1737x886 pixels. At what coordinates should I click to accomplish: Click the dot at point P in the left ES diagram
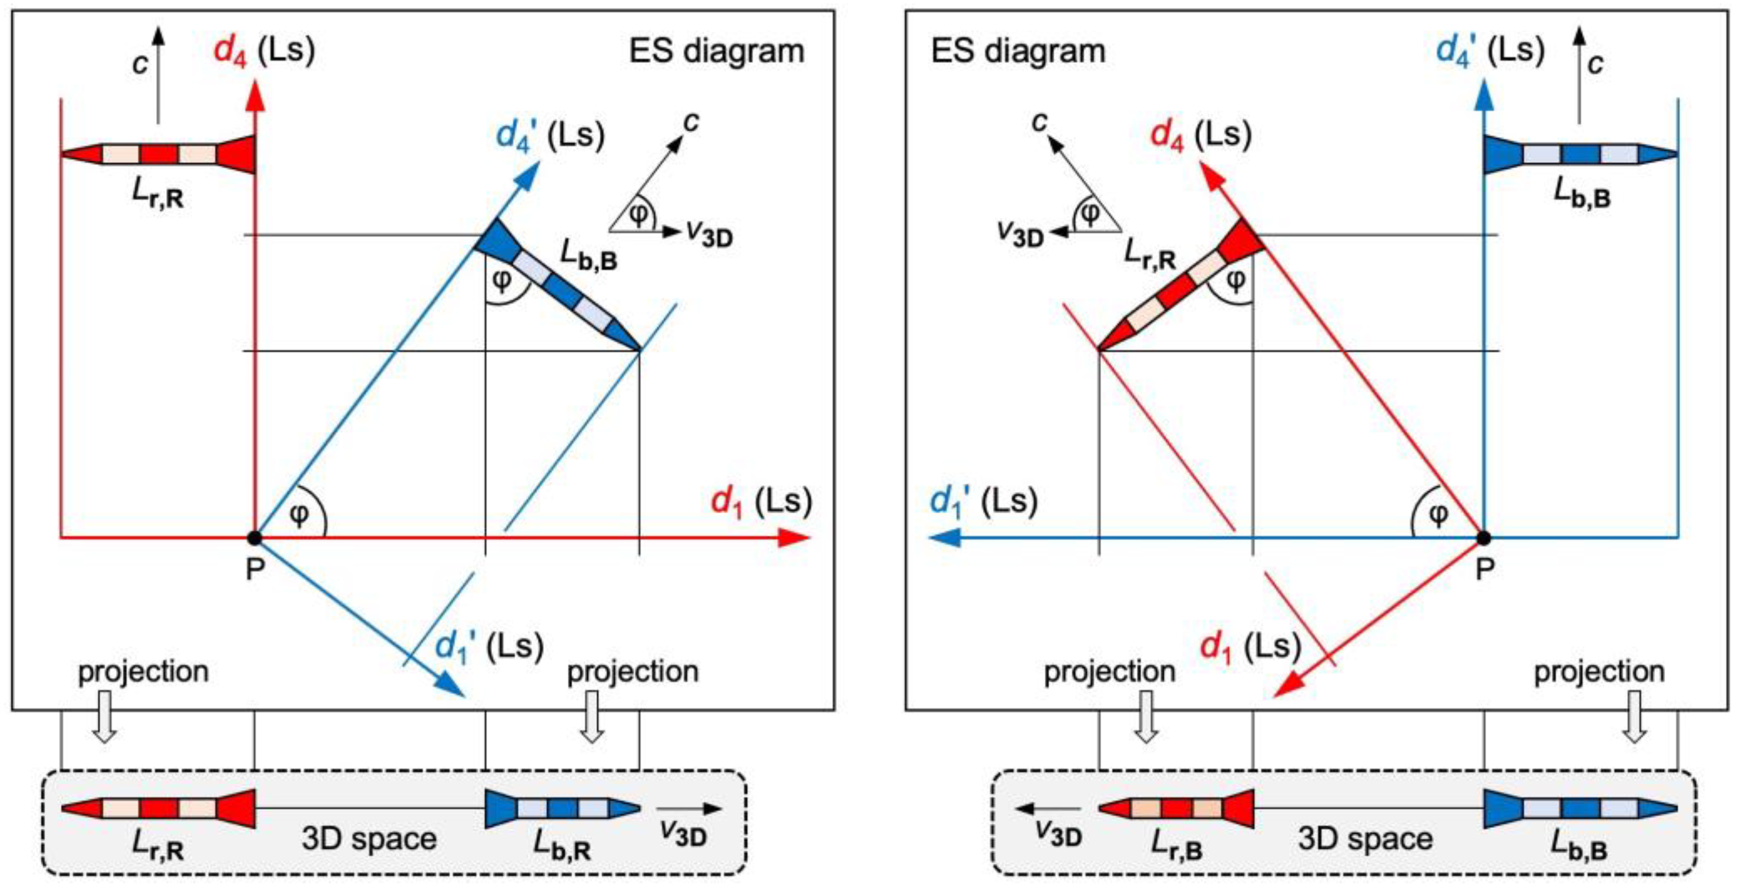[x=254, y=538]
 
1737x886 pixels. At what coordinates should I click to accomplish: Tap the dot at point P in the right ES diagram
[x=1484, y=538]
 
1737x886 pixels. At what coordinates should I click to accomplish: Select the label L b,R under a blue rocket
[x=562, y=845]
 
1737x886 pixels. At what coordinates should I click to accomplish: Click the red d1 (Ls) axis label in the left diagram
[x=761, y=502]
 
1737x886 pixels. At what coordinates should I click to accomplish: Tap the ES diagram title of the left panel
[x=716, y=52]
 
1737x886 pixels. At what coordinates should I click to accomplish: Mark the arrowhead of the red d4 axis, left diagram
[x=254, y=94]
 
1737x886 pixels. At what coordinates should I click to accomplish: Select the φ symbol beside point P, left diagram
[x=299, y=514]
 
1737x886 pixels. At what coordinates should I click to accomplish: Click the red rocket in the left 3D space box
[x=158, y=808]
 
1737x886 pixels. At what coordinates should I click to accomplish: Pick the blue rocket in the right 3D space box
[x=1580, y=808]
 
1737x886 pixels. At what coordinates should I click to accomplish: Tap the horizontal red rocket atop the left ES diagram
[x=158, y=154]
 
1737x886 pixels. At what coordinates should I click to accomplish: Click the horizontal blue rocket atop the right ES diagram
[x=1580, y=154]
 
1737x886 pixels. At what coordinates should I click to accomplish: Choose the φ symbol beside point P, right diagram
[x=1438, y=514]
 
